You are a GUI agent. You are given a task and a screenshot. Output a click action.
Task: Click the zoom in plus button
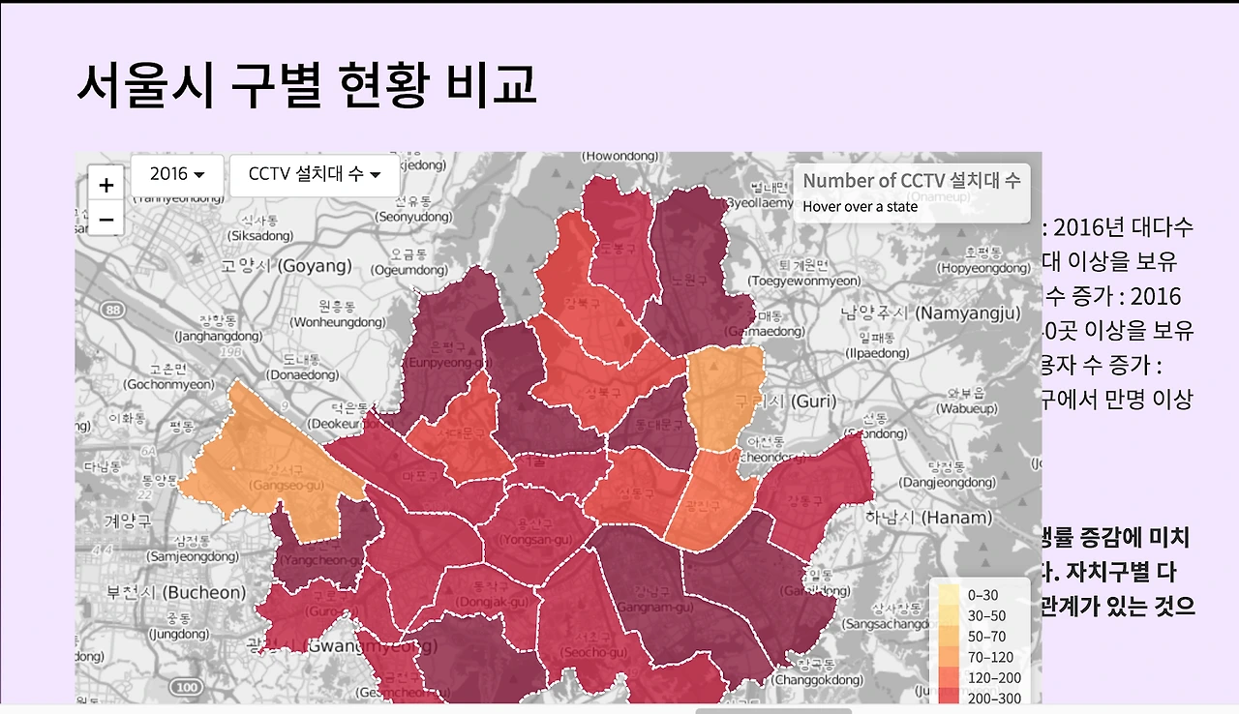click(x=106, y=185)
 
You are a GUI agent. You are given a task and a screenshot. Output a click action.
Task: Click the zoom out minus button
click(x=106, y=219)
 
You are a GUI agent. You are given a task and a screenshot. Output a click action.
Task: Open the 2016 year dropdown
click(x=177, y=174)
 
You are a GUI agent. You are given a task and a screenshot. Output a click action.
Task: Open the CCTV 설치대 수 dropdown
click(x=315, y=174)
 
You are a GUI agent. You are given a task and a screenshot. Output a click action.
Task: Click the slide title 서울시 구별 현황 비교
click(x=306, y=85)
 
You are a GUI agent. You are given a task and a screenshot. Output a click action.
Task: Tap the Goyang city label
click(x=287, y=265)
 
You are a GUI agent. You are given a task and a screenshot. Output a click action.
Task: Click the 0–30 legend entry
click(x=982, y=596)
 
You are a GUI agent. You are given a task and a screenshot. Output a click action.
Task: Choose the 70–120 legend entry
click(x=982, y=656)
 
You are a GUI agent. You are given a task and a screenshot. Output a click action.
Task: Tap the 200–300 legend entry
click(x=982, y=697)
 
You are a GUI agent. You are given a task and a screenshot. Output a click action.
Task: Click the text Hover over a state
click(x=861, y=206)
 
